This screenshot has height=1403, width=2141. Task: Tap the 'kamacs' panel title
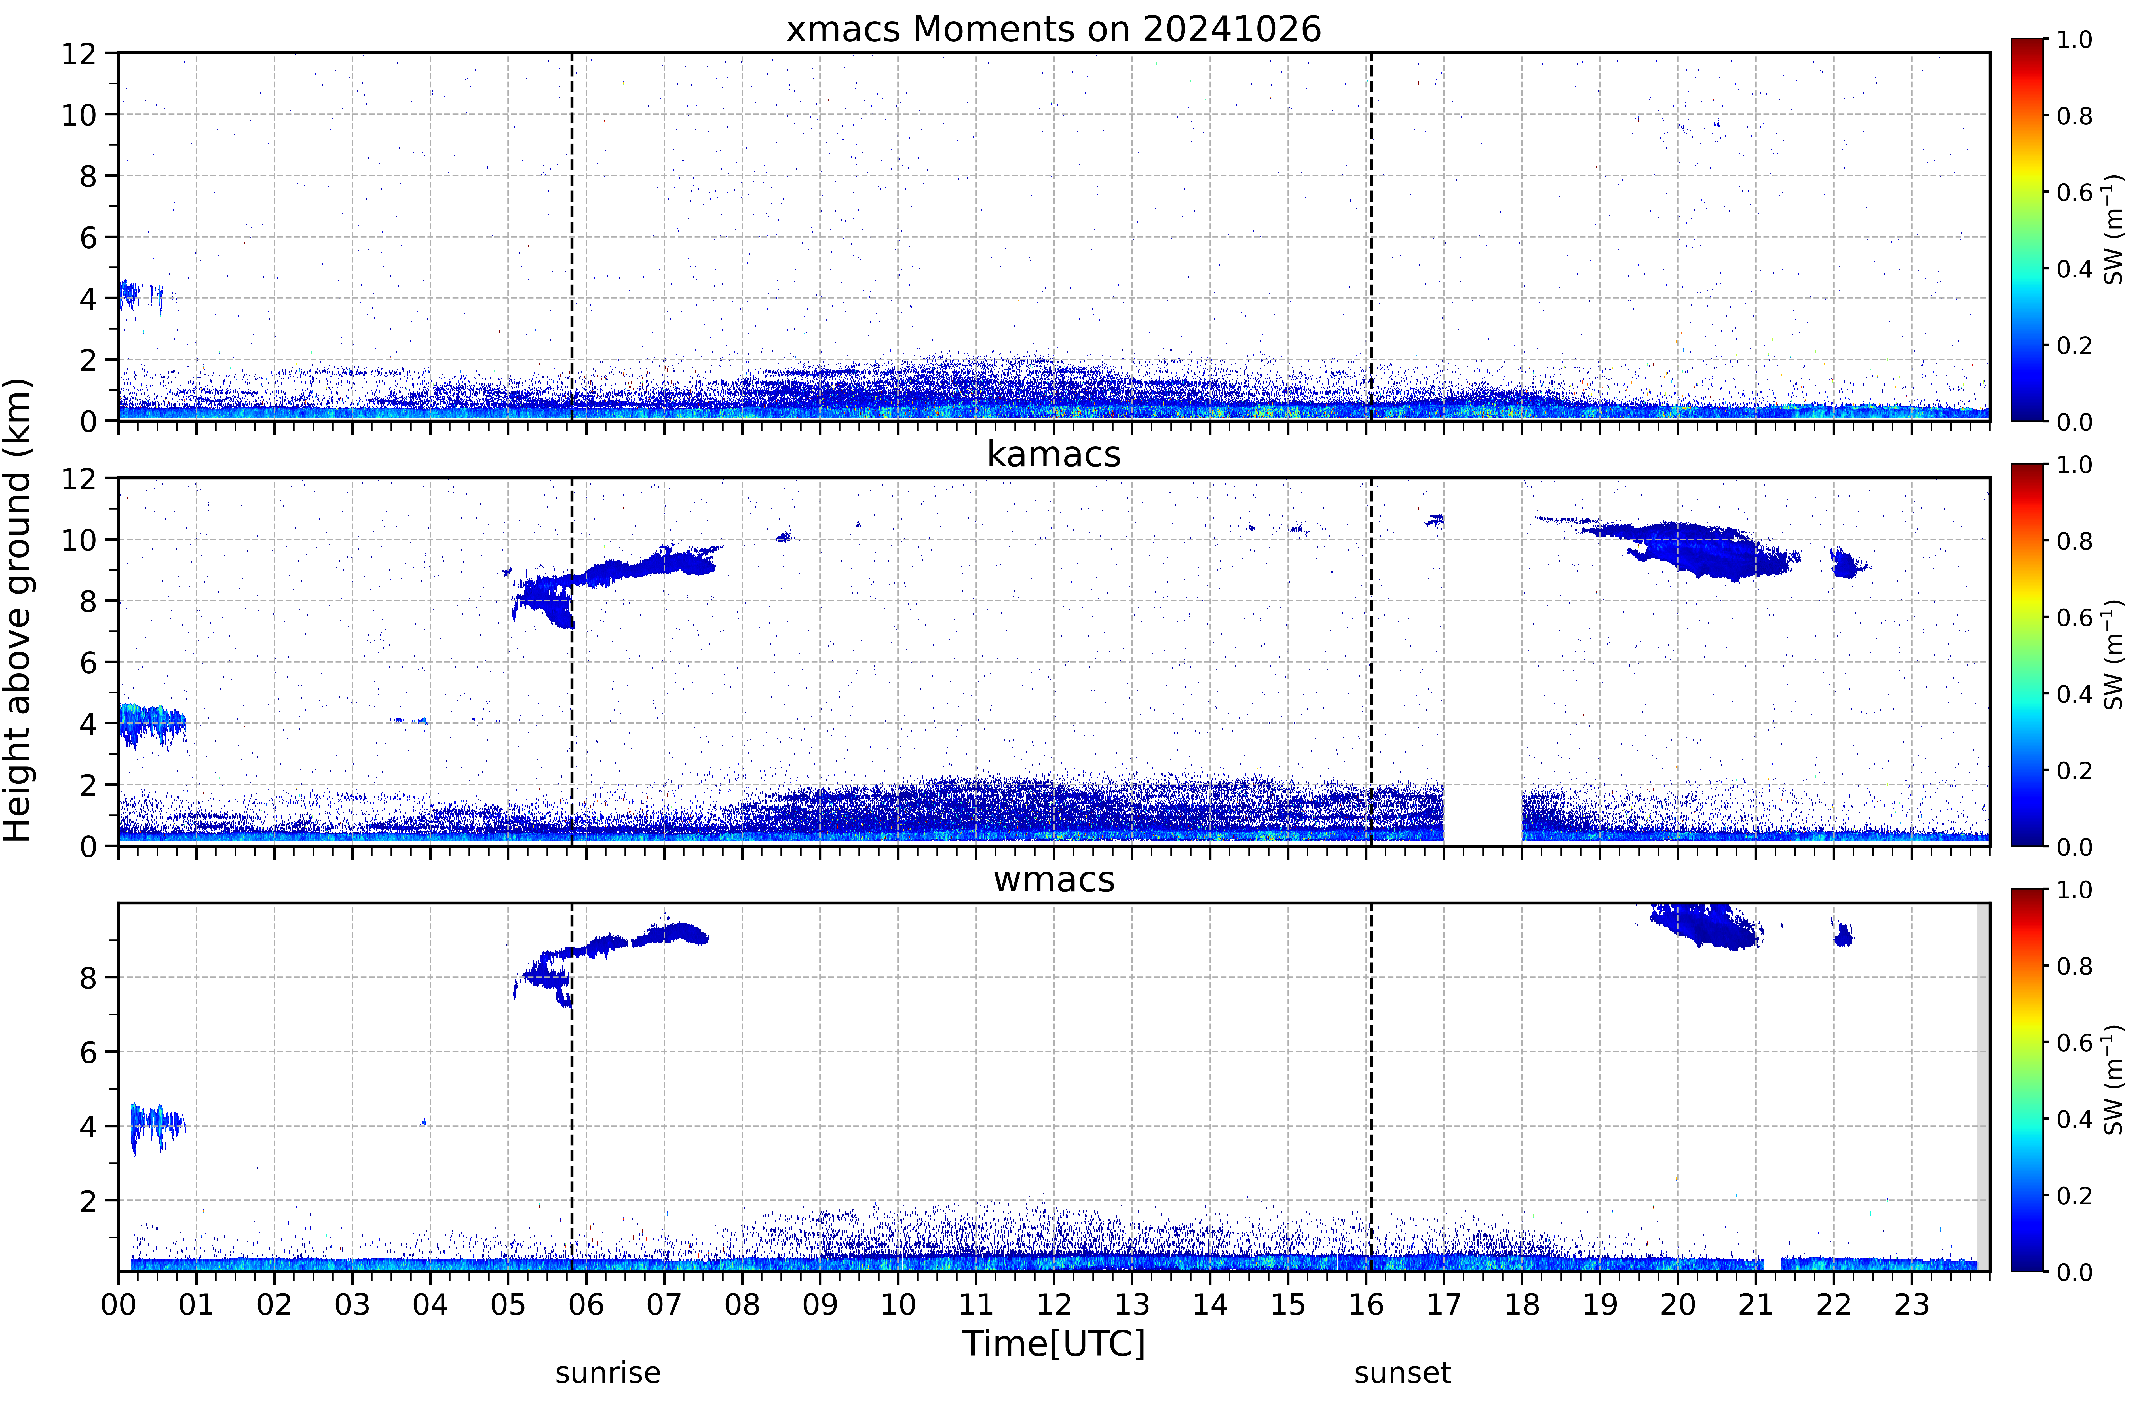coord(1053,454)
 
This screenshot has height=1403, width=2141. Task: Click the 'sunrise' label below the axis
coord(608,1373)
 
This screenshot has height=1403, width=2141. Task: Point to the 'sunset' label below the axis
coord(1403,1373)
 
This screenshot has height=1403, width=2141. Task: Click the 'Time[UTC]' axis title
coord(1053,1344)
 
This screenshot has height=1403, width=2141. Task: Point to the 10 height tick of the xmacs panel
coord(79,115)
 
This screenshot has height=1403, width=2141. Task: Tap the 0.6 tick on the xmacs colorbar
coord(2074,192)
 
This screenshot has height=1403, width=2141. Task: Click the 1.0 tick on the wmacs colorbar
coord(2074,889)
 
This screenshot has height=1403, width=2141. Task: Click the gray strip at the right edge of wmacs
coord(1983,1086)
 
